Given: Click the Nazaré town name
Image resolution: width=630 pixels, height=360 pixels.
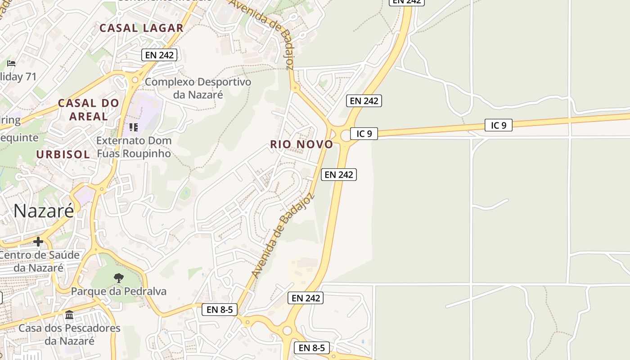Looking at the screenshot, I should coord(44,211).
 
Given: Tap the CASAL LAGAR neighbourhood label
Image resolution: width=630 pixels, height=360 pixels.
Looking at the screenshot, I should coord(141,28).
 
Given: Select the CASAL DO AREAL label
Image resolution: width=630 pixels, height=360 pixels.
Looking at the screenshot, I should coord(88,109).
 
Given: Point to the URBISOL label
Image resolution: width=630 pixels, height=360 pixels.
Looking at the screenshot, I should coord(63,154).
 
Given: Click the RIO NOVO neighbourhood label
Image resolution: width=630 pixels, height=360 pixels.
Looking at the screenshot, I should coord(301,144).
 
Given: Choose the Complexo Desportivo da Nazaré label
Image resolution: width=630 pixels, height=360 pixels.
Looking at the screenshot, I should coord(198,88).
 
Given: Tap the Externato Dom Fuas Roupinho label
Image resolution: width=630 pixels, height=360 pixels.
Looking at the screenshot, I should coord(134,147).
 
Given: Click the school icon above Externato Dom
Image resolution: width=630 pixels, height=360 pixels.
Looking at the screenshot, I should coord(133,127).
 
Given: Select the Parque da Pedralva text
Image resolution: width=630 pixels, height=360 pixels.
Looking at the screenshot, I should coord(119,291).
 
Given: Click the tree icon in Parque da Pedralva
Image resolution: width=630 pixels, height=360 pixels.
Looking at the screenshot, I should coord(119,278).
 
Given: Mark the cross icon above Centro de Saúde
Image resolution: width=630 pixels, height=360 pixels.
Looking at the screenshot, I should coord(38,242).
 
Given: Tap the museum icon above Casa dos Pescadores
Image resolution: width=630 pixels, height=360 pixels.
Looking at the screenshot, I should coord(69,315).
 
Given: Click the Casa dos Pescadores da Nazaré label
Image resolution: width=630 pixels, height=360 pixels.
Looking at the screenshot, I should coord(69,334).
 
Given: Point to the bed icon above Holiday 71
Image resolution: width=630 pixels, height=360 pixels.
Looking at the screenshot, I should coord(11,63).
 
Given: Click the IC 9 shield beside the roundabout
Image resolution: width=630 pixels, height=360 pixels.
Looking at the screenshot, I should coord(364,134).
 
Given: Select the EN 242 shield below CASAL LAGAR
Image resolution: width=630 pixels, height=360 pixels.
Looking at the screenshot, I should coord(159,55).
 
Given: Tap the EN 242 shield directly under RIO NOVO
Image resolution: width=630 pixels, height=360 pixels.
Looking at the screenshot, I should coord(338,175).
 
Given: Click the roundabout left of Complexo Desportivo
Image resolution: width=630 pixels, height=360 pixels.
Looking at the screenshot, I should coord(135,80).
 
